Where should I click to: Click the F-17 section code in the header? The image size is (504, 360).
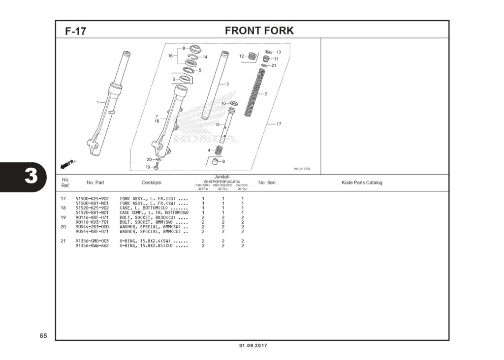tap(75, 31)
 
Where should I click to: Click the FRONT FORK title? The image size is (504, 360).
tap(259, 30)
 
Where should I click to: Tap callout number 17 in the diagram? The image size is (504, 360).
tap(279, 124)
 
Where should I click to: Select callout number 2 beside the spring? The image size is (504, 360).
tap(266, 94)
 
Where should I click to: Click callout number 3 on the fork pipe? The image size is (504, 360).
tap(227, 84)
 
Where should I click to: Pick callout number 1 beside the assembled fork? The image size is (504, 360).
tap(97, 102)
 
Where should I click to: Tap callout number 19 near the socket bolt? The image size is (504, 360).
tap(147, 167)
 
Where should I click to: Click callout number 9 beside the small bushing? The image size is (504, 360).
tap(223, 161)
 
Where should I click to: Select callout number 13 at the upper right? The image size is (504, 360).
tap(279, 52)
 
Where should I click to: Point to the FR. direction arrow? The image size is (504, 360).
tap(67, 163)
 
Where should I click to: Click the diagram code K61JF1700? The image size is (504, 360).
tap(302, 169)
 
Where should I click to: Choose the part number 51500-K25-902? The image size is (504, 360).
tap(92, 198)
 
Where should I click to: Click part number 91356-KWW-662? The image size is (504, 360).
tap(92, 245)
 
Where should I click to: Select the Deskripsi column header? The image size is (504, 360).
tap(152, 182)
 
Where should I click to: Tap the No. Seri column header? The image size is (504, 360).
tap(267, 182)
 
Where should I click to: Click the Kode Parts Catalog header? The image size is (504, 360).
tap(362, 182)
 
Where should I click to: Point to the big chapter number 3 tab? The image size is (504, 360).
tap(31, 176)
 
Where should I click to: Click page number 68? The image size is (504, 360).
tap(43, 336)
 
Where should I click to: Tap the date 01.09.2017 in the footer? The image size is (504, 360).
tap(253, 346)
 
